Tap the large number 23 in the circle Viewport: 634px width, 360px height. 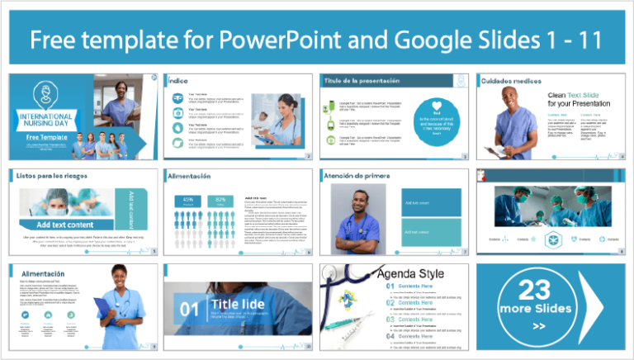point(534,290)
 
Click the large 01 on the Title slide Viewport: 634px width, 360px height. point(189,310)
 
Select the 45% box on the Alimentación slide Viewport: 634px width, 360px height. point(187,200)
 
